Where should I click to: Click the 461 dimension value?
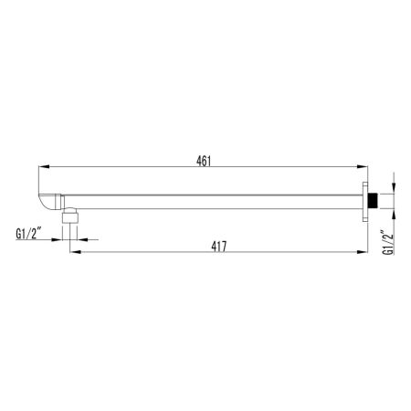(204, 162)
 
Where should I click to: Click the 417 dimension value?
(218, 246)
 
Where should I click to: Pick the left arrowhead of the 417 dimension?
(75, 253)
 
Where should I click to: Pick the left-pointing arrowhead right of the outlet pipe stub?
(79, 239)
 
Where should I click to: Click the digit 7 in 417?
(225, 246)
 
